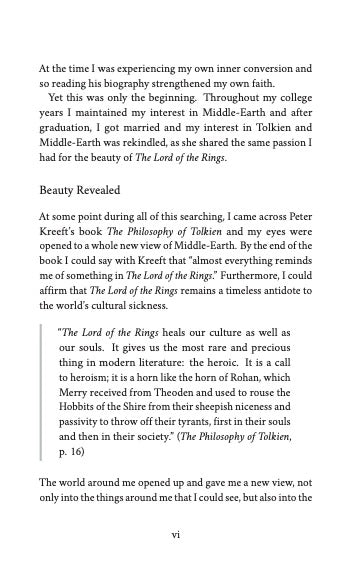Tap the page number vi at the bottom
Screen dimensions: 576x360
[176, 534]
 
